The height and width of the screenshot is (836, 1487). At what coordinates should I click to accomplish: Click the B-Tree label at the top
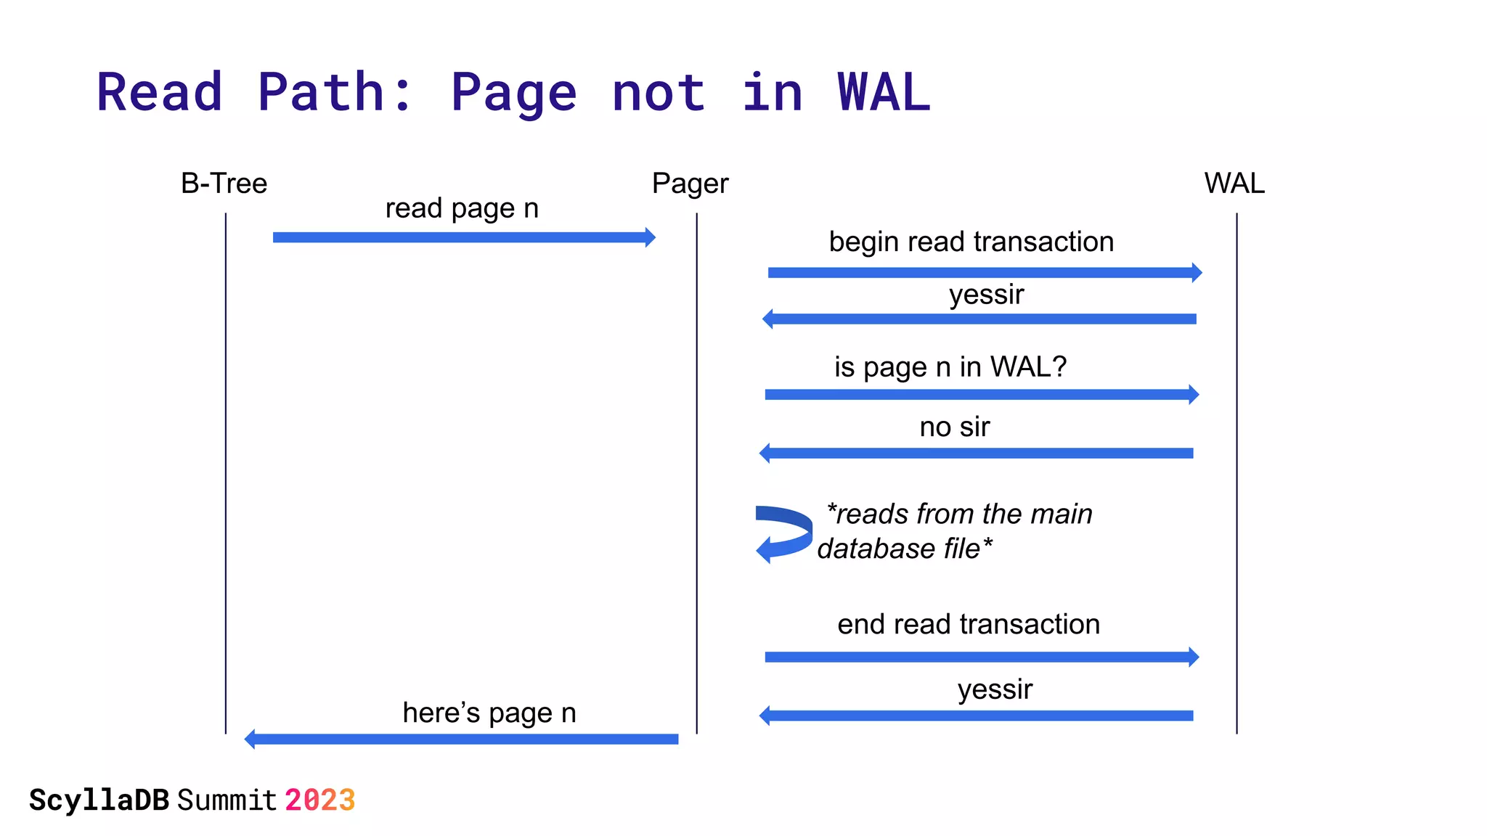224,184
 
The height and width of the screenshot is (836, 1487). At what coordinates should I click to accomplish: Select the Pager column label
690,184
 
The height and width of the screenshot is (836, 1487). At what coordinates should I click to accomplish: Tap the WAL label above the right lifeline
1234,184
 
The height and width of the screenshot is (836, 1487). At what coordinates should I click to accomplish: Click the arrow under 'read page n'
463,237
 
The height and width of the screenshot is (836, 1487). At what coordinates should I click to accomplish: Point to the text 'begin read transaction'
971,242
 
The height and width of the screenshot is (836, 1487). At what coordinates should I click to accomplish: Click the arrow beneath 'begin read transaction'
984,273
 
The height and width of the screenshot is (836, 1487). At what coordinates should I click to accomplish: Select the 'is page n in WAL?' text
950,367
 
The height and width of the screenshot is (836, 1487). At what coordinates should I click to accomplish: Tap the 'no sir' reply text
954,427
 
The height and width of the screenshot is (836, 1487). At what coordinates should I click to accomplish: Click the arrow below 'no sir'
976,454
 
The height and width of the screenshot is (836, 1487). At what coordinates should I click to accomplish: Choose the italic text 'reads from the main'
959,514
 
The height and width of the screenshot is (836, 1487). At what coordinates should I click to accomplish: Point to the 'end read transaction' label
968,624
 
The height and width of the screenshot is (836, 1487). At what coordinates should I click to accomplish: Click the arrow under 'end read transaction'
981,657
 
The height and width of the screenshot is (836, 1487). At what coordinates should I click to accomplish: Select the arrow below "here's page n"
462,739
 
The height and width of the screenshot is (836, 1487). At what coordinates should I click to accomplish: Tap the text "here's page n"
489,713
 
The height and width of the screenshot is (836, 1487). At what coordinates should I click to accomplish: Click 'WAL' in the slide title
883,93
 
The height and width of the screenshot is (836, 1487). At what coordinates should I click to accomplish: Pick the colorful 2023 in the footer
319,800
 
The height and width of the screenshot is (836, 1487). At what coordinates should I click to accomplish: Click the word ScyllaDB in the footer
99,800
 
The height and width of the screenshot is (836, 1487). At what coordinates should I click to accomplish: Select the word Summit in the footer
227,800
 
